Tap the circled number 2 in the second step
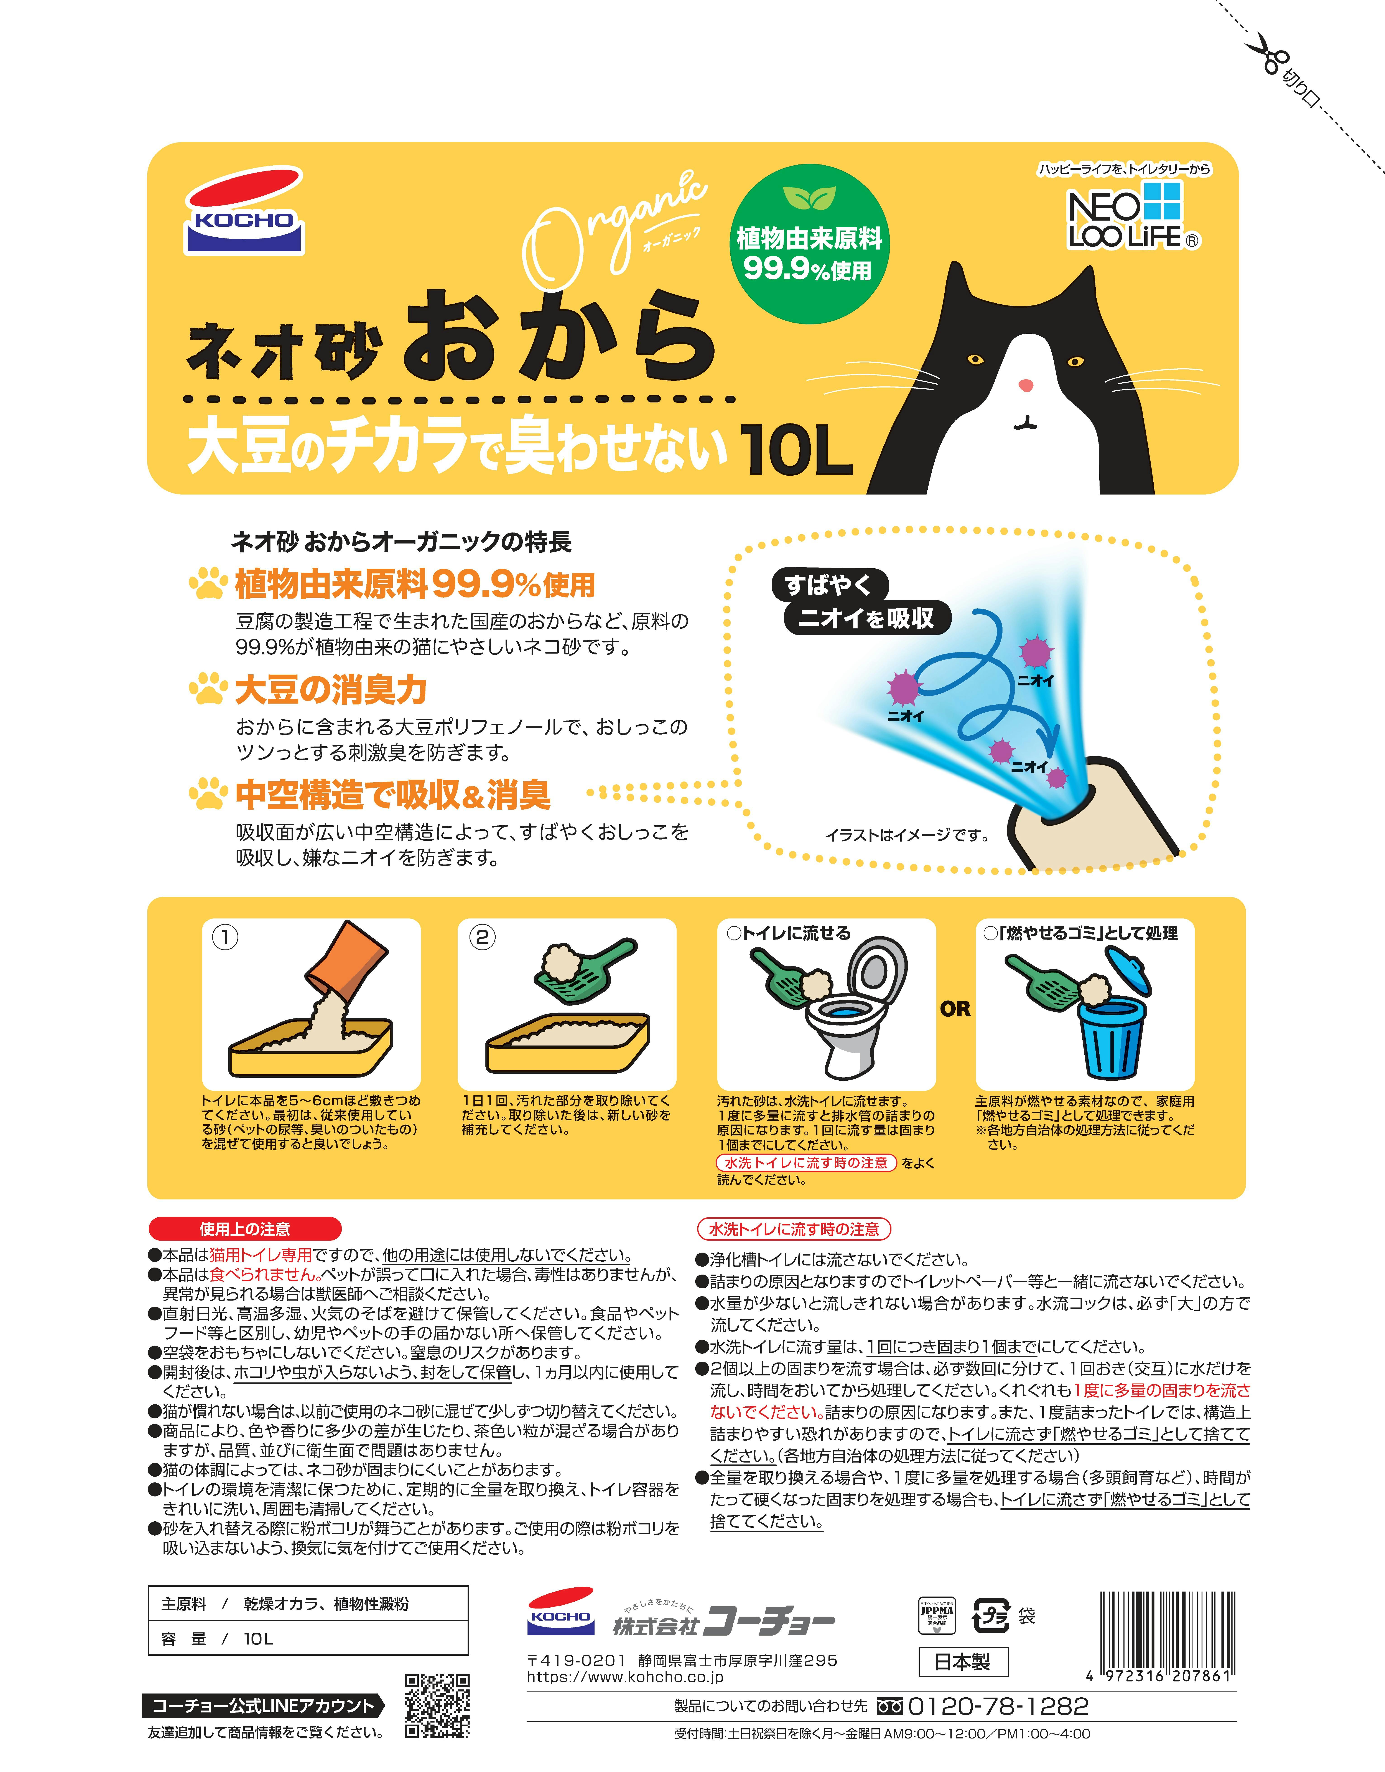pos(482,937)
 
